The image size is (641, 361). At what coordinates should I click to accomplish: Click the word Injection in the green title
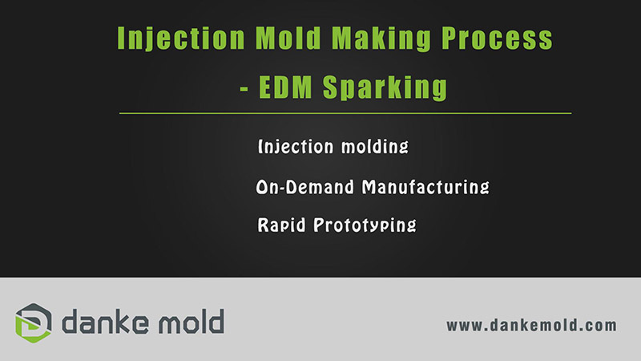coord(181,39)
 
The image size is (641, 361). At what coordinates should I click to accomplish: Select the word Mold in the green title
coord(288,38)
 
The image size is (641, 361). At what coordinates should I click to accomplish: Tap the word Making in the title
coord(381,39)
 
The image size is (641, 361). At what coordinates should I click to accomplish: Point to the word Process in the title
coord(497,38)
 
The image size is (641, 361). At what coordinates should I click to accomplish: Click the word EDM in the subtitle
coord(285,87)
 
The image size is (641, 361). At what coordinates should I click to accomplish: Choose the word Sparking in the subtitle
coord(385,87)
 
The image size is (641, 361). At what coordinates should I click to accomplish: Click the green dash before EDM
coord(244,88)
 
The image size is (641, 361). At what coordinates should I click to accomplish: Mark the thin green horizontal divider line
coord(345,113)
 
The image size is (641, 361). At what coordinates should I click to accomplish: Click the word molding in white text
coord(374,147)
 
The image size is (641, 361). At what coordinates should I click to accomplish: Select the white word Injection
coord(296,147)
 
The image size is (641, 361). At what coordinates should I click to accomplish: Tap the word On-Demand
coord(305,187)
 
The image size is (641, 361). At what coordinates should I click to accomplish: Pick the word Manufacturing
coord(425,187)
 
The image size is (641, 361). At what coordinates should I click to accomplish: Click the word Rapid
coord(281,225)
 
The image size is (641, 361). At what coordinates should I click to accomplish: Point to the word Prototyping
coord(365,225)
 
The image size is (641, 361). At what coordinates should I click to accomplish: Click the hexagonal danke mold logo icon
coord(34,323)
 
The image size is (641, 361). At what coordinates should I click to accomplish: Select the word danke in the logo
coord(105,322)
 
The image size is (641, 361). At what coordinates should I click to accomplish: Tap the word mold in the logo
coord(191,322)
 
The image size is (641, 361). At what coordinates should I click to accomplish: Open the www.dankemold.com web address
coord(531,326)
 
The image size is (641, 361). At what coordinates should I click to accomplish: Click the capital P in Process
coord(450,38)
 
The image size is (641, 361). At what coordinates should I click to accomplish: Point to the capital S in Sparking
coord(331,87)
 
